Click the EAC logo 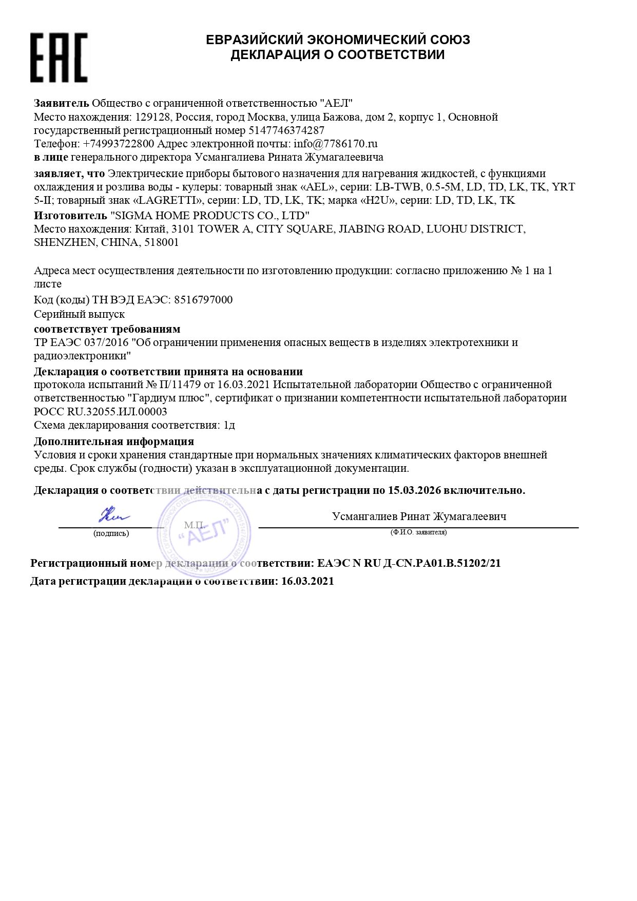[x=59, y=57]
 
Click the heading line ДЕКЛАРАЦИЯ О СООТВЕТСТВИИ [x=337, y=55]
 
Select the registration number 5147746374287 [x=286, y=130]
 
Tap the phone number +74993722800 [x=119, y=144]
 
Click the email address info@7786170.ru [x=336, y=144]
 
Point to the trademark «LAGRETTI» [x=167, y=200]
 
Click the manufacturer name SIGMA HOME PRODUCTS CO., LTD [x=210, y=215]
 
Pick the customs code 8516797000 [x=203, y=300]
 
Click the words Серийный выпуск [x=79, y=314]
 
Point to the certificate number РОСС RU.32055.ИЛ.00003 [x=101, y=411]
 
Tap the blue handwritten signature [x=113, y=514]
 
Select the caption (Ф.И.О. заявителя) [x=418, y=532]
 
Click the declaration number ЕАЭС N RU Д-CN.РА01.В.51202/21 [x=409, y=563]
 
